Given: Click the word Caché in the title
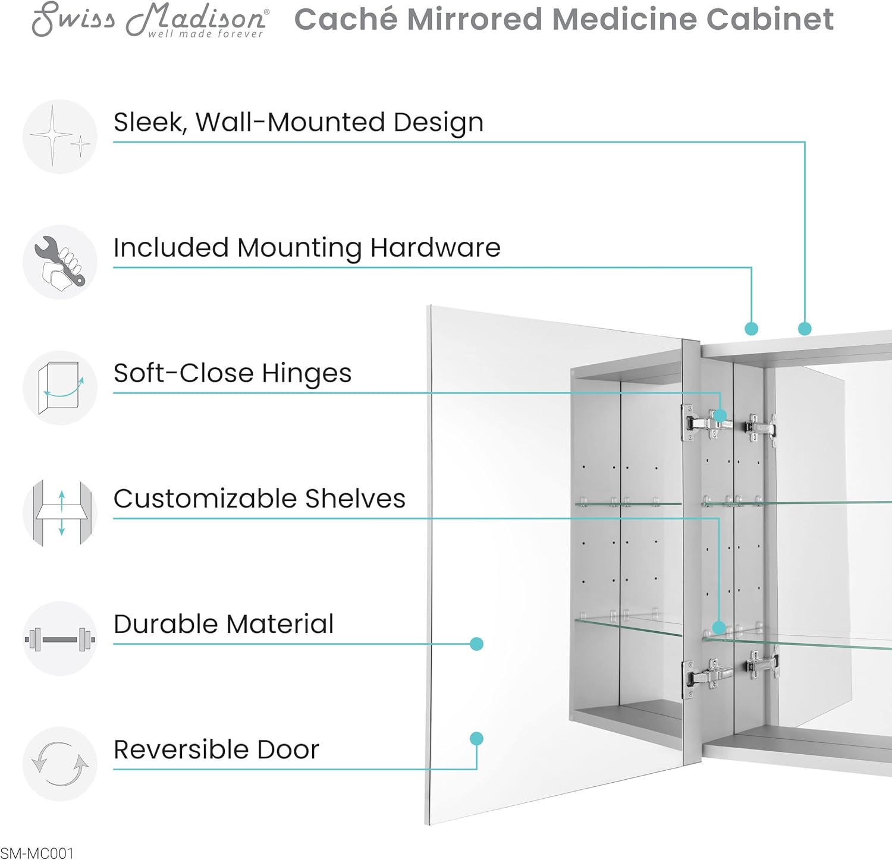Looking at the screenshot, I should click(346, 19).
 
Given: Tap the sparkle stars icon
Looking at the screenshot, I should click(60, 137).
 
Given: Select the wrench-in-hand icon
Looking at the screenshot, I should click(60, 262).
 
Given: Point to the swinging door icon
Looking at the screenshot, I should click(60, 388).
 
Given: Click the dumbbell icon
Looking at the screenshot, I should click(60, 639).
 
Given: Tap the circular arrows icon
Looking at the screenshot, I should click(60, 764).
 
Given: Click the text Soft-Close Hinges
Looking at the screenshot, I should click(233, 373).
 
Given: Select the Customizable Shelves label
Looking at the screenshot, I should click(259, 499).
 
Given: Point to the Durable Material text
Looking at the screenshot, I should click(224, 624).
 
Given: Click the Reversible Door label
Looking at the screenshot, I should click(216, 749).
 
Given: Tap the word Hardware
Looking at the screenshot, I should click(435, 247).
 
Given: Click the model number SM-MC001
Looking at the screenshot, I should click(37, 853).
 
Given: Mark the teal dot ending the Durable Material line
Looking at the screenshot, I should click(476, 644).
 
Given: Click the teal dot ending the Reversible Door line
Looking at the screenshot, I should click(476, 739).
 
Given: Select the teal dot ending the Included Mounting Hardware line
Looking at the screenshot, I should click(752, 329).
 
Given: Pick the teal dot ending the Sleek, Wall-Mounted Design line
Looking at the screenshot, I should click(805, 329).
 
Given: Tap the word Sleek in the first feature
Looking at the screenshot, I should click(149, 122).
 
